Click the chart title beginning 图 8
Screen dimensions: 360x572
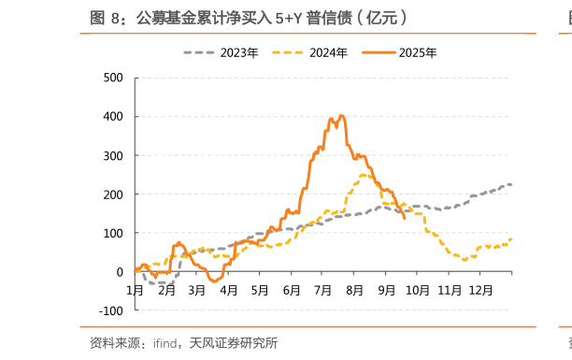point(248,17)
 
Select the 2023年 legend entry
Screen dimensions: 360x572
point(238,52)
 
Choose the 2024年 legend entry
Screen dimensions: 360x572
point(328,52)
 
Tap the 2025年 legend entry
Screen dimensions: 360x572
point(417,52)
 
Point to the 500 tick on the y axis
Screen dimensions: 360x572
point(112,78)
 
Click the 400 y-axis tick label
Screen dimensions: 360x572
point(112,117)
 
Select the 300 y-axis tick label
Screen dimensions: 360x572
point(112,155)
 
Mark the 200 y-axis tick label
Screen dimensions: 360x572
point(112,194)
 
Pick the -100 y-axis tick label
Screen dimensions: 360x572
point(110,310)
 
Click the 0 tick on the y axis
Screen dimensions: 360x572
point(119,272)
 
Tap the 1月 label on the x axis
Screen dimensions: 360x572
point(135,290)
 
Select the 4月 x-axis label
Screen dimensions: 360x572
point(228,290)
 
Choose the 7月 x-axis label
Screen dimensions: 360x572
point(322,290)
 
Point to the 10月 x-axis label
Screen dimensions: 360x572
point(417,290)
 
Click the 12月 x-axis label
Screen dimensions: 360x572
point(480,290)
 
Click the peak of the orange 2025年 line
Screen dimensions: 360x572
point(341,116)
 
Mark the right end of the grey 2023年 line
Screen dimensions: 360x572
point(511,184)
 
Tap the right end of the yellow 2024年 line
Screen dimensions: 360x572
point(511,239)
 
